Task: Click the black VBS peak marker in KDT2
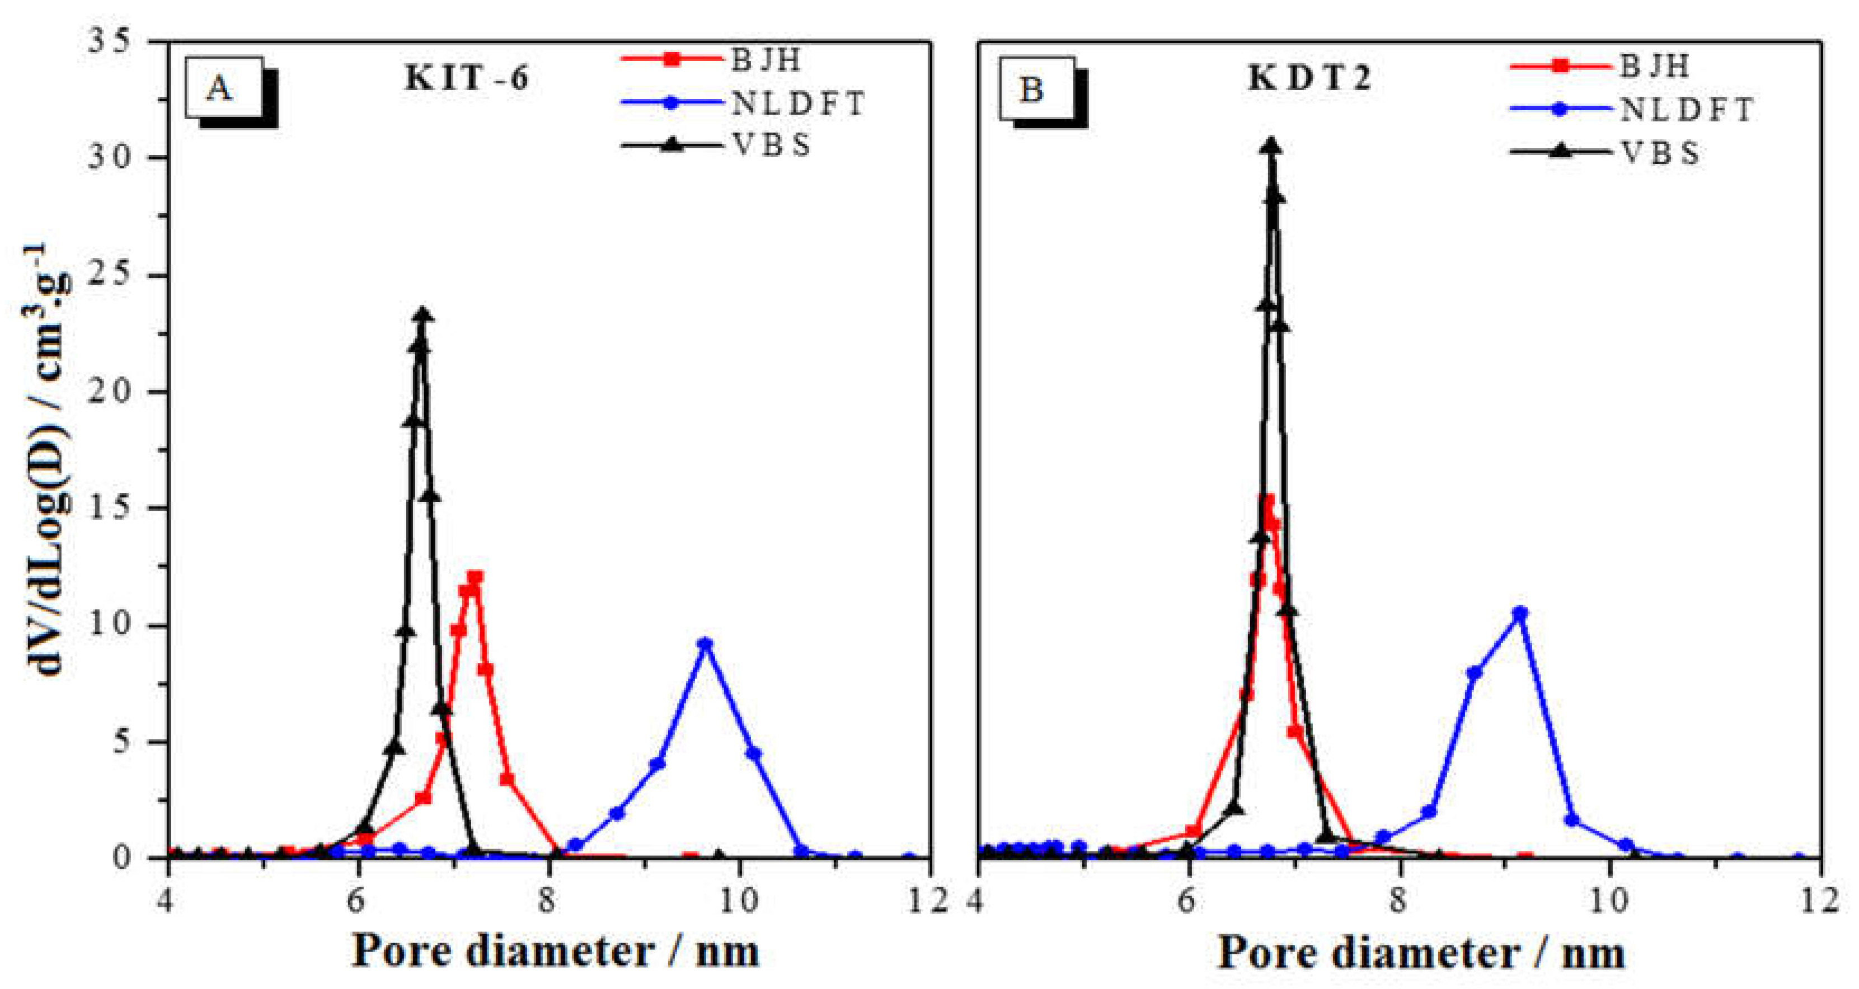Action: pos(1273,147)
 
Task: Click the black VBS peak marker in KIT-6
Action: pos(423,315)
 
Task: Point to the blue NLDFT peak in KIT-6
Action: pos(706,644)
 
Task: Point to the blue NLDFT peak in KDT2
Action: pos(1520,613)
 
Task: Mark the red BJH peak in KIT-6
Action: pos(474,578)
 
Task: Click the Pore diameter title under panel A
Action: pos(556,951)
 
